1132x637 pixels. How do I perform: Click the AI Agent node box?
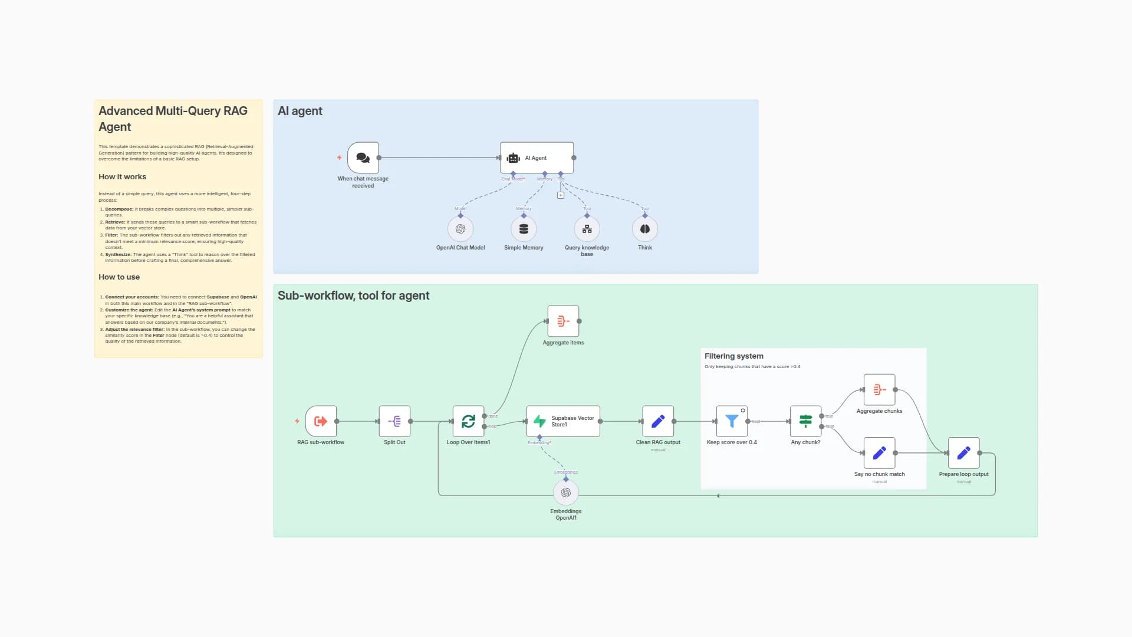click(x=537, y=157)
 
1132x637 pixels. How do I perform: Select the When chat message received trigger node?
click(x=363, y=157)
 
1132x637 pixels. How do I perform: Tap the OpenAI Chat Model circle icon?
click(x=460, y=229)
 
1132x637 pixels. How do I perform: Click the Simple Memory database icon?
click(x=524, y=229)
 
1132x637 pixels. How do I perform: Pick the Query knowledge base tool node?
click(x=587, y=229)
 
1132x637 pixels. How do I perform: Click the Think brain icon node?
click(x=645, y=229)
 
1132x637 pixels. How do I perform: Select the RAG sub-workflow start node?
click(x=321, y=421)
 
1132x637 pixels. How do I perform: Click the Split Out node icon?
click(x=394, y=421)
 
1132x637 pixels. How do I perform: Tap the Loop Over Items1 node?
click(x=468, y=421)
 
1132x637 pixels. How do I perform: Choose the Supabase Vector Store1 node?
click(x=563, y=421)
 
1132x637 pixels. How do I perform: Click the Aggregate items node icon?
click(x=563, y=321)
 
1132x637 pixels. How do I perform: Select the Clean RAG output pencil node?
click(x=658, y=421)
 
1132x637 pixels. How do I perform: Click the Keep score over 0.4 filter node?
click(x=732, y=421)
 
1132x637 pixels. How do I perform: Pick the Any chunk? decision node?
click(x=805, y=421)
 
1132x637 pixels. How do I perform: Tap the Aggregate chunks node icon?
click(x=879, y=389)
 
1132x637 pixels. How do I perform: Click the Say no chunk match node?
click(x=879, y=453)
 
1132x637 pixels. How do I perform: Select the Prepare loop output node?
click(x=963, y=453)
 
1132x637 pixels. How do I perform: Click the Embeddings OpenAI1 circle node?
click(x=566, y=492)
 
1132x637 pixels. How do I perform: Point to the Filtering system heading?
click(x=733, y=356)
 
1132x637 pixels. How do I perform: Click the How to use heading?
click(x=119, y=277)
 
